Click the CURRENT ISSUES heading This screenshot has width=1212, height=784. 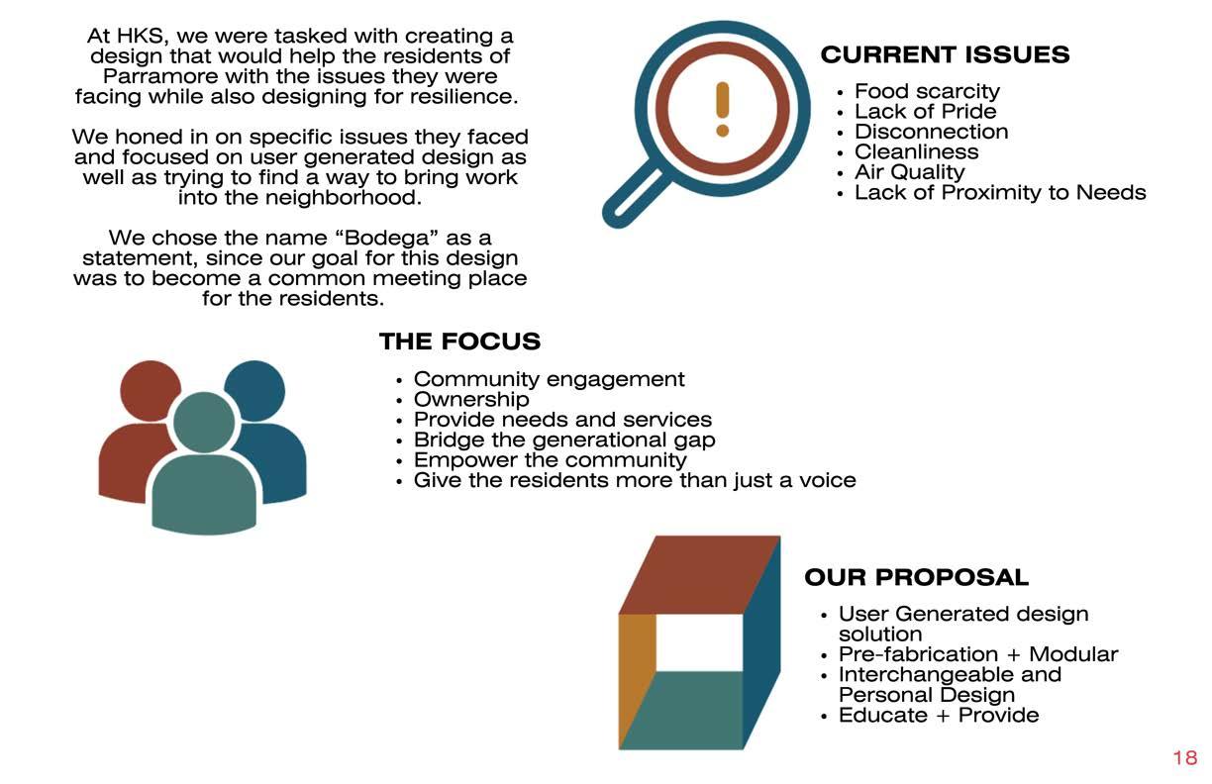[945, 54]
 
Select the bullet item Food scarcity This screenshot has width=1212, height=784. [927, 91]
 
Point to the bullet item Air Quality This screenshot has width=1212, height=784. [909, 172]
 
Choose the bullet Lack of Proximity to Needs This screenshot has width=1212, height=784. [1000, 192]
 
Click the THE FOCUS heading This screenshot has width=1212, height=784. [459, 343]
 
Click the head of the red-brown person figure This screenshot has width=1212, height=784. [150, 389]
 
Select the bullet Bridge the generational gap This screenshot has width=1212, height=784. [563, 440]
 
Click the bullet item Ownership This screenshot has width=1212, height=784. [470, 399]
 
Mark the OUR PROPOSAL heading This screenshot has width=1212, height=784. [916, 577]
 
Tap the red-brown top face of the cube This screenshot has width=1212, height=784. [698, 574]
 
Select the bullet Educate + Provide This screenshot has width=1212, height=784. [938, 715]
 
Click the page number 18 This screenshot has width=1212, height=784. [1184, 758]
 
